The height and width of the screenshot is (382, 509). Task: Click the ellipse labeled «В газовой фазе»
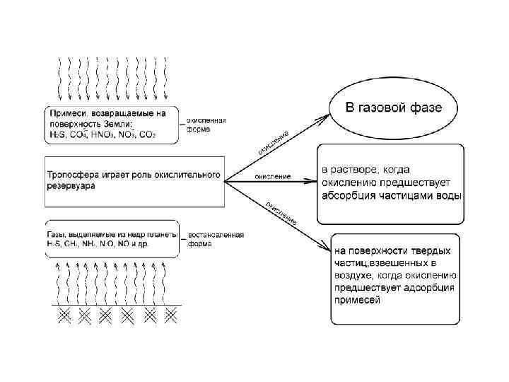coord(393,109)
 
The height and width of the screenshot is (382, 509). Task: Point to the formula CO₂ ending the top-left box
coord(148,134)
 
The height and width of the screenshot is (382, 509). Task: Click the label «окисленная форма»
coord(206,125)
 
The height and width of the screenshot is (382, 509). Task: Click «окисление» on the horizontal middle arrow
coord(271,175)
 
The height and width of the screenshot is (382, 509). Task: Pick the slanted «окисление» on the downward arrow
coord(281,213)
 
